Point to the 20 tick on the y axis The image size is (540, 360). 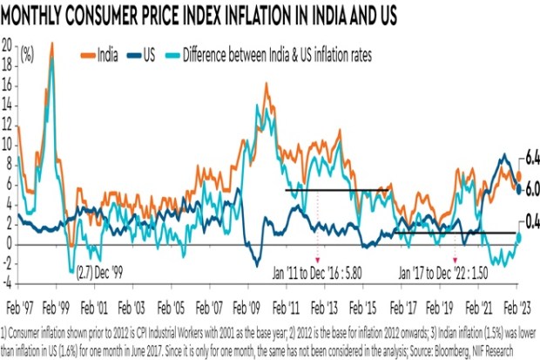[8, 43]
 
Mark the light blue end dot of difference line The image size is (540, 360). [518, 237]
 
